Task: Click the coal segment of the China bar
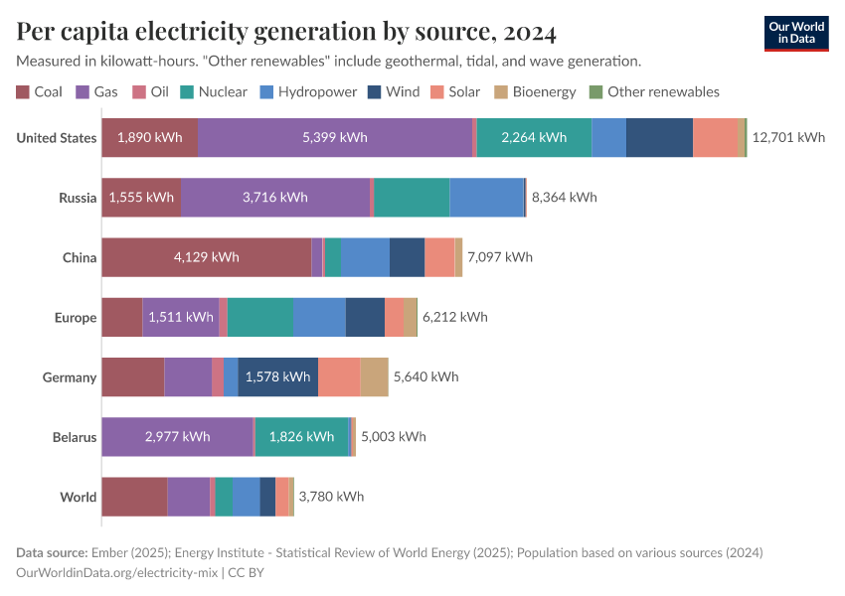point(206,257)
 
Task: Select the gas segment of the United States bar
point(335,138)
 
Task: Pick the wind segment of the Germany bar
point(278,377)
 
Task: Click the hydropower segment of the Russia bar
point(486,198)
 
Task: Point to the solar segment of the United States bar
point(716,138)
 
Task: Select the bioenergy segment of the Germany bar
point(374,377)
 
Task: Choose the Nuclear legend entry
point(213,92)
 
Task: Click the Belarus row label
point(75,437)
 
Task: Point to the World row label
point(78,497)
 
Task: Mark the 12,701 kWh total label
point(789,138)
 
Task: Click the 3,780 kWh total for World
point(331,497)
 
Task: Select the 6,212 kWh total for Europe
point(455,318)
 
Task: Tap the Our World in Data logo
point(795,32)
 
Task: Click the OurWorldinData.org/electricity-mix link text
point(118,572)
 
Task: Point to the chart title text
point(286,32)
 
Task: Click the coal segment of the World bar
point(134,497)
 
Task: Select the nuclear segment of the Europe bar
point(260,318)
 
